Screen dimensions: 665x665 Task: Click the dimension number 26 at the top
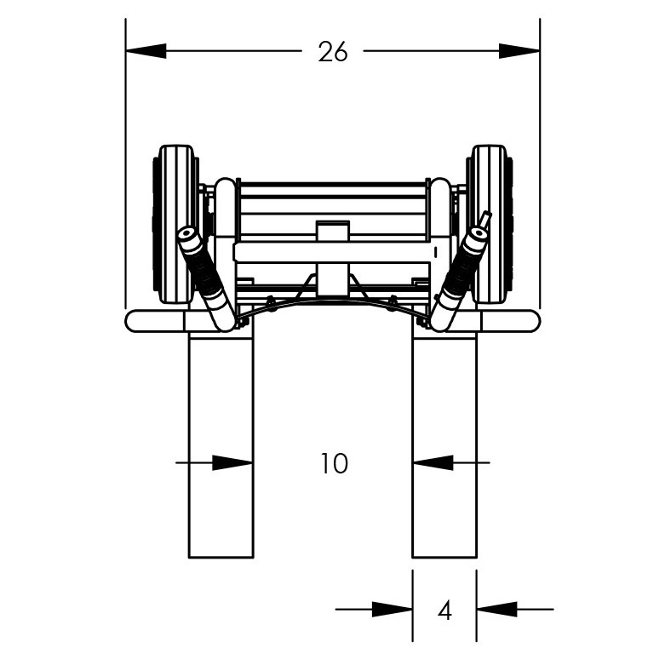click(333, 52)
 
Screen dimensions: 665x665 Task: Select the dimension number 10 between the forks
click(334, 464)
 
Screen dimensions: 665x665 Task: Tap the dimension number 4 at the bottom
click(444, 610)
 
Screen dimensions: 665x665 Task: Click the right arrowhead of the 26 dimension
click(519, 52)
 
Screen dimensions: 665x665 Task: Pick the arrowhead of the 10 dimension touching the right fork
click(433, 463)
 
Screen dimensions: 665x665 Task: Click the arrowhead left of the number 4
click(393, 610)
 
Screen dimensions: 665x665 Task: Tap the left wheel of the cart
click(175, 223)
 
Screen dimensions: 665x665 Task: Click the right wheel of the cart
click(490, 223)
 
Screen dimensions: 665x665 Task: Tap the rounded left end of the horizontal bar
click(135, 321)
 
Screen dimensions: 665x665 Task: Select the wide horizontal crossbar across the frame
click(332, 253)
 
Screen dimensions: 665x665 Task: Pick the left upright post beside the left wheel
click(225, 213)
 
